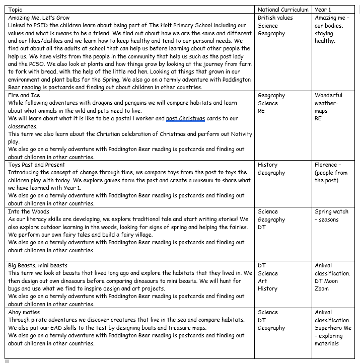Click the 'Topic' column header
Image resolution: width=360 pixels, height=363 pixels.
[16, 10]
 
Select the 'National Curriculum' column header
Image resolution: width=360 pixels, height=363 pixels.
[282, 10]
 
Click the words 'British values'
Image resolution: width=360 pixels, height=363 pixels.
[275, 18]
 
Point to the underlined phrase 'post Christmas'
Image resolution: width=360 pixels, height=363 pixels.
[185, 118]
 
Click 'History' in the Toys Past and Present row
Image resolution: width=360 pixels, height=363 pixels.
[267, 165]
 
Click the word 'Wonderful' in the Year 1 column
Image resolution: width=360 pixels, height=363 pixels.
[328, 95]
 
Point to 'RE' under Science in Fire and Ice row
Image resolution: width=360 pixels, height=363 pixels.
[261, 111]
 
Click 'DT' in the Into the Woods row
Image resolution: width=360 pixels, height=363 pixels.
[262, 227]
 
